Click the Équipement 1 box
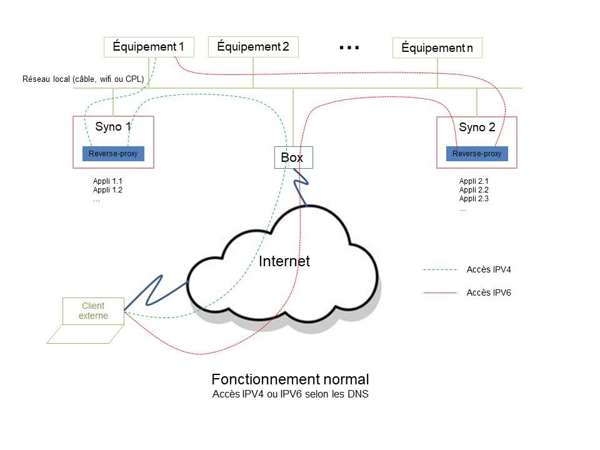(x=149, y=47)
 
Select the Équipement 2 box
(x=253, y=47)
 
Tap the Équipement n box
(x=437, y=48)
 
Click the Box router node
(x=292, y=157)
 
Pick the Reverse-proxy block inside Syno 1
(x=113, y=154)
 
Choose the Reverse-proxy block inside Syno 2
(x=476, y=154)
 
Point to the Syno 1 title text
(x=113, y=127)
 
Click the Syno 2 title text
(x=477, y=127)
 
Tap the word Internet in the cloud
(x=284, y=261)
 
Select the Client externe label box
(x=94, y=311)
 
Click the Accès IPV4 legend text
(x=489, y=270)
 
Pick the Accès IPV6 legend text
(x=489, y=292)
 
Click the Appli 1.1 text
(x=107, y=181)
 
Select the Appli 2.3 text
(x=474, y=199)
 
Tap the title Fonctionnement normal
(x=290, y=379)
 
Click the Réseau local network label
(x=83, y=79)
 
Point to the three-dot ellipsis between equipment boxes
(x=349, y=47)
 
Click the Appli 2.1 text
(x=474, y=181)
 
